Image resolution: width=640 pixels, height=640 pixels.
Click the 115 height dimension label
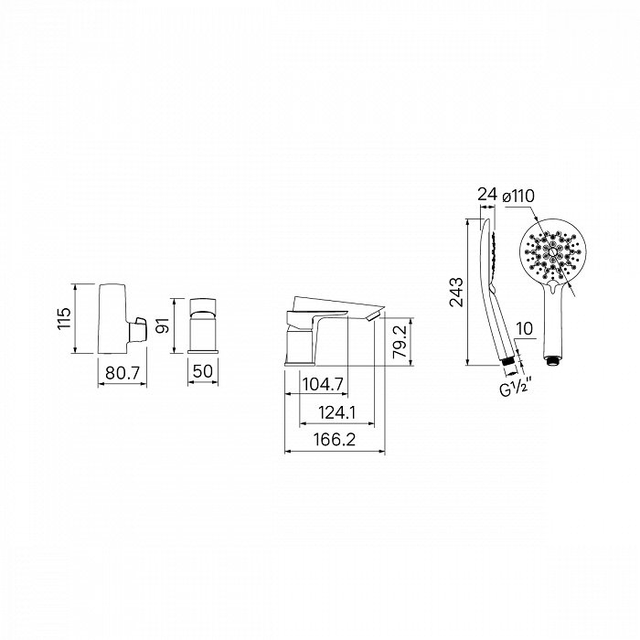tap(64, 319)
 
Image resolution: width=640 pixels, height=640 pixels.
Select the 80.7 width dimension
tap(123, 372)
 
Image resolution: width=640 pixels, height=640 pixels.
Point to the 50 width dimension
tap(203, 371)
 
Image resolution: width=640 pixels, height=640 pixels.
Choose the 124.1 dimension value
tap(337, 413)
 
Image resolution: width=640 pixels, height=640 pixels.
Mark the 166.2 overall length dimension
tap(335, 440)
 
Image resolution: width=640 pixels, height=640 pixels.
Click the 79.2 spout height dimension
tap(400, 341)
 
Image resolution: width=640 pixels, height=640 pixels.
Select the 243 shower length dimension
tap(456, 293)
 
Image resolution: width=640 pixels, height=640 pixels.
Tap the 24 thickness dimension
tap(487, 195)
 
